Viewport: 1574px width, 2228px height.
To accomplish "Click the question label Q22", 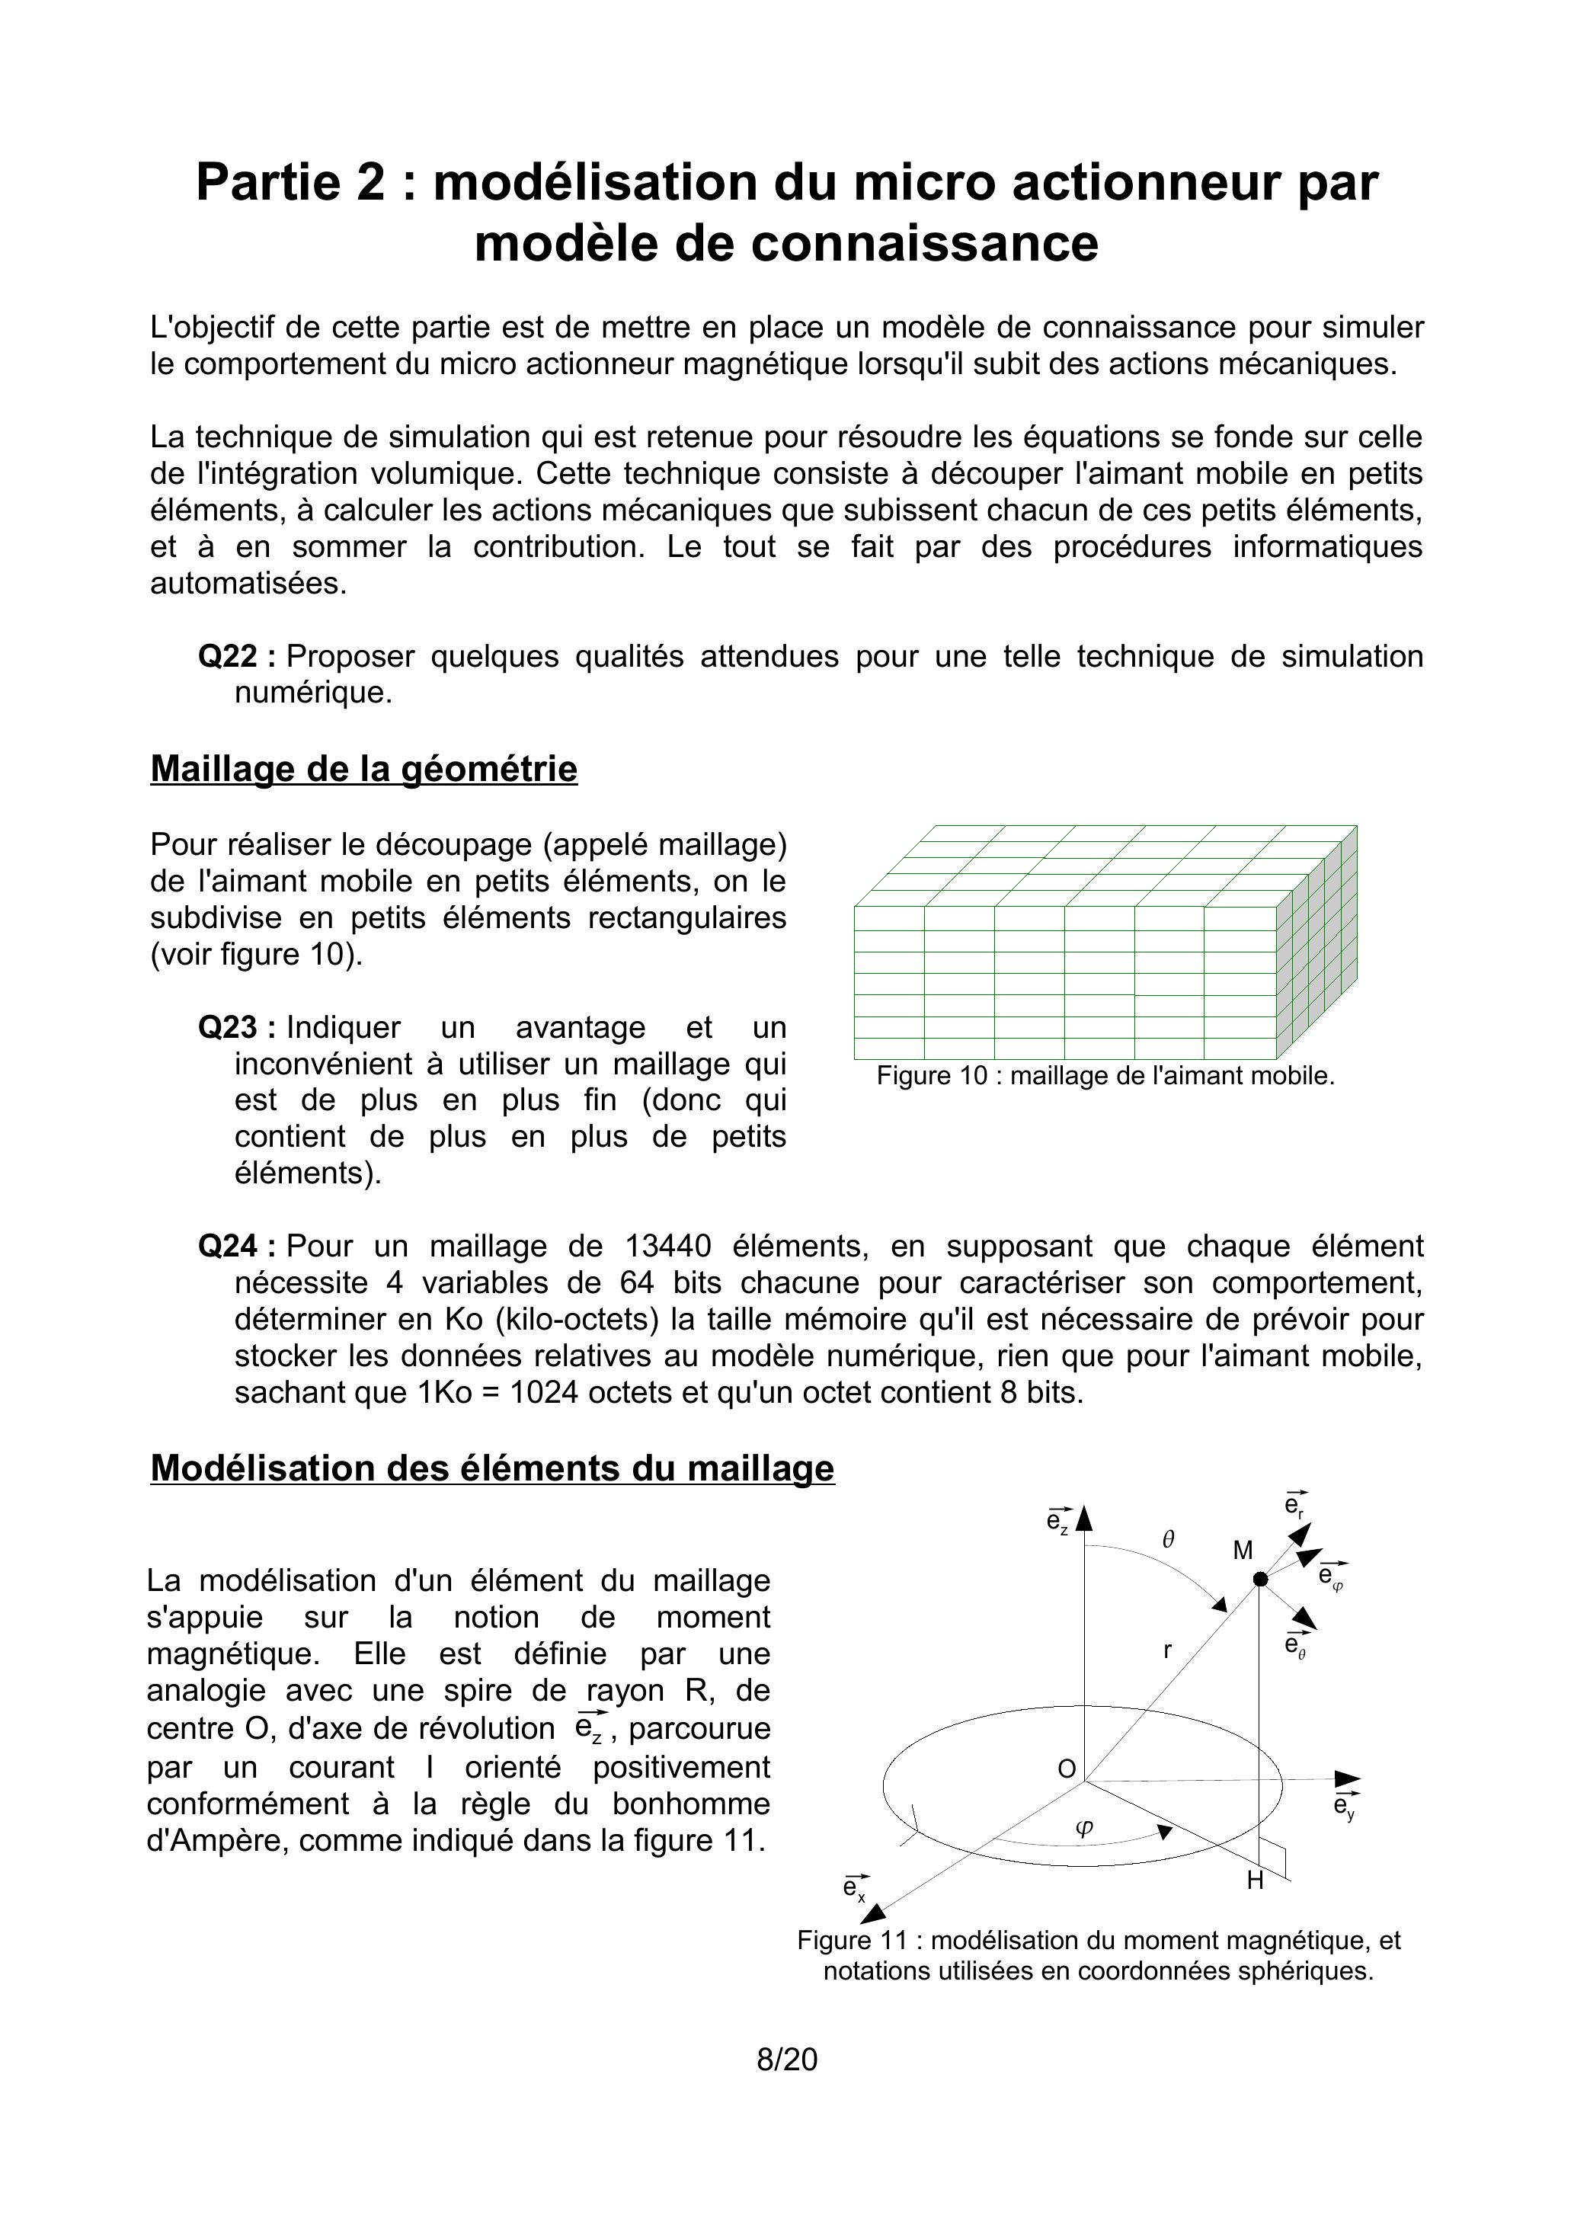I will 228,657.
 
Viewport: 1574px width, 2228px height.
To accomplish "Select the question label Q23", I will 228,1028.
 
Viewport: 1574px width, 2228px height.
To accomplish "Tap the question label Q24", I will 228,1246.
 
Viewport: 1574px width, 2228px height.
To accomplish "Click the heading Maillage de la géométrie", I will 364,769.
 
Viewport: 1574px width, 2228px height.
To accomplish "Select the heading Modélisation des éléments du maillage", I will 492,1468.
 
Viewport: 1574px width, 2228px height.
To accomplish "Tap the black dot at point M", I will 1261,1580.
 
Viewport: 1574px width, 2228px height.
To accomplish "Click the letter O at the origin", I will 1067,1769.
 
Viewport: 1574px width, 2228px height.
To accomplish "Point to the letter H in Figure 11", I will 1255,1881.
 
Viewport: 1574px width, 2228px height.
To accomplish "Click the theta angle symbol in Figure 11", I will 1169,1539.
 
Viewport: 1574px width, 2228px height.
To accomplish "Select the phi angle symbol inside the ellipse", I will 1085,1827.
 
